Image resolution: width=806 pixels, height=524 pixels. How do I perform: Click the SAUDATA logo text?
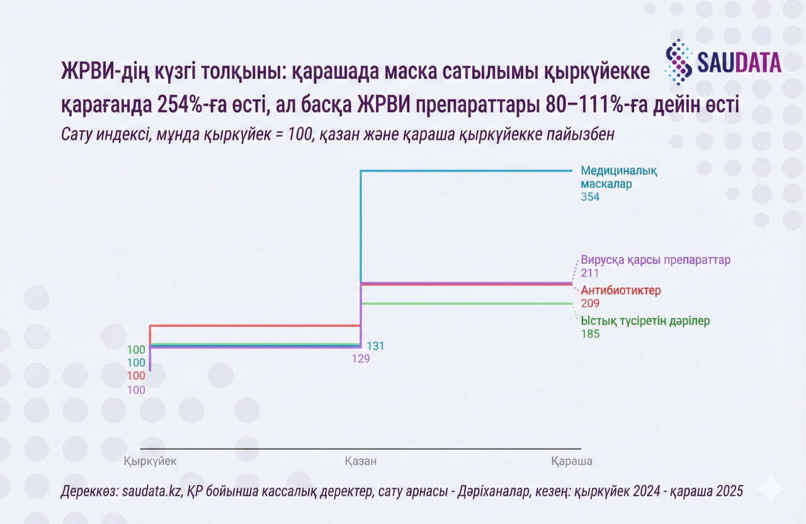pyautogui.click(x=738, y=62)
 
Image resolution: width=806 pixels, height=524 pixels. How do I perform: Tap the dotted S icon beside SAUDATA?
pyautogui.click(x=679, y=62)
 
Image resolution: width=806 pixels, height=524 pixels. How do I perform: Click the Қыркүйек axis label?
pyautogui.click(x=150, y=461)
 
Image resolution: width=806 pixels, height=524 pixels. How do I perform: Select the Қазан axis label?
pyautogui.click(x=360, y=461)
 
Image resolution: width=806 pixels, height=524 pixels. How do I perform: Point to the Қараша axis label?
pyautogui.click(x=571, y=461)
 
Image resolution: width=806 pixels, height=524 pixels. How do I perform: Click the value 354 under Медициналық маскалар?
pyautogui.click(x=590, y=197)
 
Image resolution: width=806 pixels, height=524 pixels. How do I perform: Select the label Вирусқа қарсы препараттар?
pyautogui.click(x=655, y=260)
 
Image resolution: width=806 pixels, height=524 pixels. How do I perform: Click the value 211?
pyautogui.click(x=589, y=273)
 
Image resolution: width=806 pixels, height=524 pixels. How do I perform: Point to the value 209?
pyautogui.click(x=590, y=304)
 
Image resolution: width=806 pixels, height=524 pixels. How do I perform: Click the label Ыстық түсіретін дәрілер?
pyautogui.click(x=645, y=321)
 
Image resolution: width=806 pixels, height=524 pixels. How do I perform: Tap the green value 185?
pyautogui.click(x=590, y=334)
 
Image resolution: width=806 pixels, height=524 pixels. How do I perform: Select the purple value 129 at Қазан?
pyautogui.click(x=361, y=359)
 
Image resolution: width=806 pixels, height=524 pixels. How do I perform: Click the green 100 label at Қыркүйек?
pyautogui.click(x=136, y=350)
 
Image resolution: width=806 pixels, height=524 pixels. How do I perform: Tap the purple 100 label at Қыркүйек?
pyautogui.click(x=136, y=390)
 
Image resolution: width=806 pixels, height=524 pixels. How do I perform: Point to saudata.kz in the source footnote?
pyautogui.click(x=150, y=491)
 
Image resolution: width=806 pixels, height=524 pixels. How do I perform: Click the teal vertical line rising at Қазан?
pyautogui.click(x=360, y=227)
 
